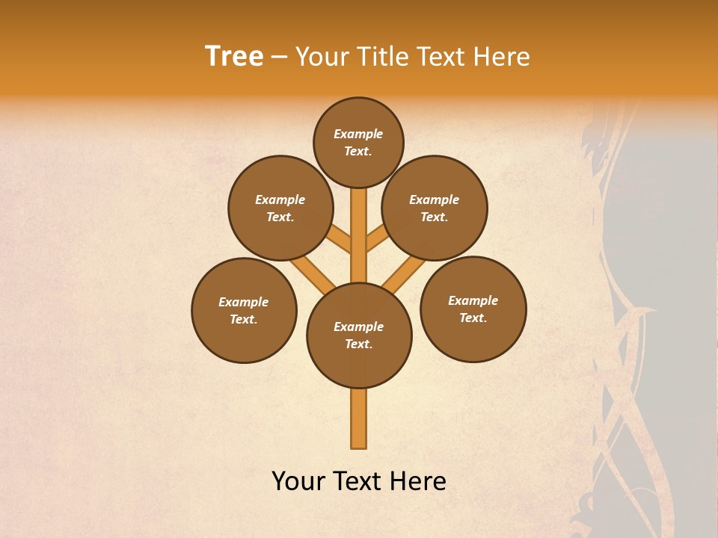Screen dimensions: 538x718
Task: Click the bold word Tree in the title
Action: [234, 57]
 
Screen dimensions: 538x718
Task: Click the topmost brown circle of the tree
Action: [358, 142]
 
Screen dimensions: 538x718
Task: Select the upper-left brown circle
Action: [280, 208]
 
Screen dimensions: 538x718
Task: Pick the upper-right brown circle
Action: [435, 208]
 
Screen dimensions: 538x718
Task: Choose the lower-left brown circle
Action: [244, 310]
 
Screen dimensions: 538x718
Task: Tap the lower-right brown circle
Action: [473, 309]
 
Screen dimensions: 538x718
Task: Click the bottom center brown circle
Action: [359, 336]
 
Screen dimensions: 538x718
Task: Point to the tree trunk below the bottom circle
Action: [359, 418]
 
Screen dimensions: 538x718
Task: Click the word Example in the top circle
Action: [358, 134]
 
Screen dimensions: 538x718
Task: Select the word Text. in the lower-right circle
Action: [473, 318]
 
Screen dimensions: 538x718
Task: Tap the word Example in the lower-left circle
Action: [244, 303]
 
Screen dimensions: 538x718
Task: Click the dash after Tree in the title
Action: [280, 57]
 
